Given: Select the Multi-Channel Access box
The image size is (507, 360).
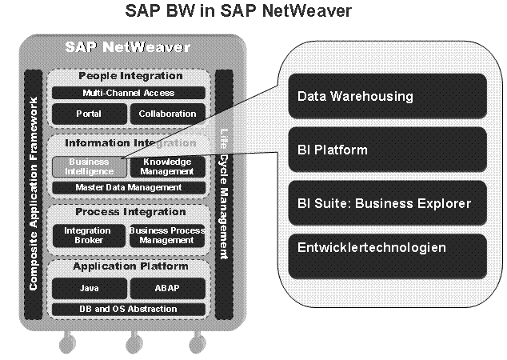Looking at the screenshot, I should point(129,93).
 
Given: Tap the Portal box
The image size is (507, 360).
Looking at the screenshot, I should point(89,114).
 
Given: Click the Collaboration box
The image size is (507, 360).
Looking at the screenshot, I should point(167,114).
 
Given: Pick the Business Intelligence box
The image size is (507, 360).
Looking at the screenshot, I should point(89,166).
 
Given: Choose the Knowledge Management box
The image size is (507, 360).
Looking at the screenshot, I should point(167,166).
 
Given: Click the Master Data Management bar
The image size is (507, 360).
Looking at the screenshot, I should point(129,187).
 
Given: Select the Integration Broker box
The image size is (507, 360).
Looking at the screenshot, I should point(89,235).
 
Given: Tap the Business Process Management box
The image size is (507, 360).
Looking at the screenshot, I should point(167,235).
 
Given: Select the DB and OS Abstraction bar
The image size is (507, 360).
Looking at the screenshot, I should point(129,309).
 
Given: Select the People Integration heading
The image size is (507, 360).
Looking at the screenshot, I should point(130,76).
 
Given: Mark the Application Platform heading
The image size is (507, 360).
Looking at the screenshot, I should point(130,266).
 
